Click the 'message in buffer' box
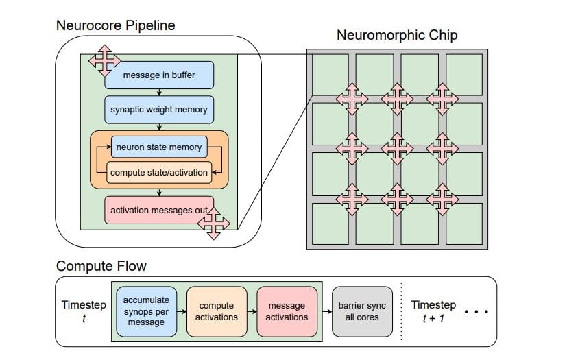159,75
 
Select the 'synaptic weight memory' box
159,109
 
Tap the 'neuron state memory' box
158,147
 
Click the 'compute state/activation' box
158,172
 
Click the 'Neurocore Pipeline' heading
115,25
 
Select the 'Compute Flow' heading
101,266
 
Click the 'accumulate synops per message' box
146,311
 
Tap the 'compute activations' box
217,311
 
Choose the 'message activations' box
287,311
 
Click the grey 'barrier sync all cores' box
362,311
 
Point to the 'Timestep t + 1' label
433,311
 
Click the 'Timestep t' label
84,311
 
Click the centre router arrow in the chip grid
397,148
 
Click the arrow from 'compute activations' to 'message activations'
252,311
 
